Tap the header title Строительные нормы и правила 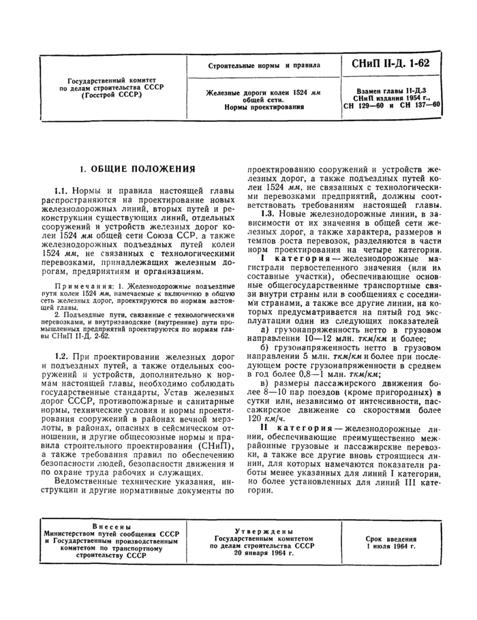click(x=263, y=66)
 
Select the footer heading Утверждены click(x=262, y=531)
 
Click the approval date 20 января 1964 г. click(x=262, y=553)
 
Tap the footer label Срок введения click(x=390, y=538)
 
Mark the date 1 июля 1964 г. click(x=390, y=546)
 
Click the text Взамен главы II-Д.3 click(x=392, y=90)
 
